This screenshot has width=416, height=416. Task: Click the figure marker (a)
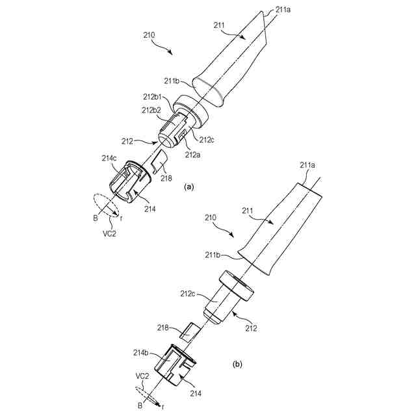pyautogui.click(x=189, y=187)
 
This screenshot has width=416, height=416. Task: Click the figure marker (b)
pyautogui.click(x=238, y=365)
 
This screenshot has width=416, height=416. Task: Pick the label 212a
pyautogui.click(x=192, y=154)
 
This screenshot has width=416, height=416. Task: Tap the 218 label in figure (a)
pyautogui.click(x=166, y=177)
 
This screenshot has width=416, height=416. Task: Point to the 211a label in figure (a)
pyautogui.click(x=283, y=10)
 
